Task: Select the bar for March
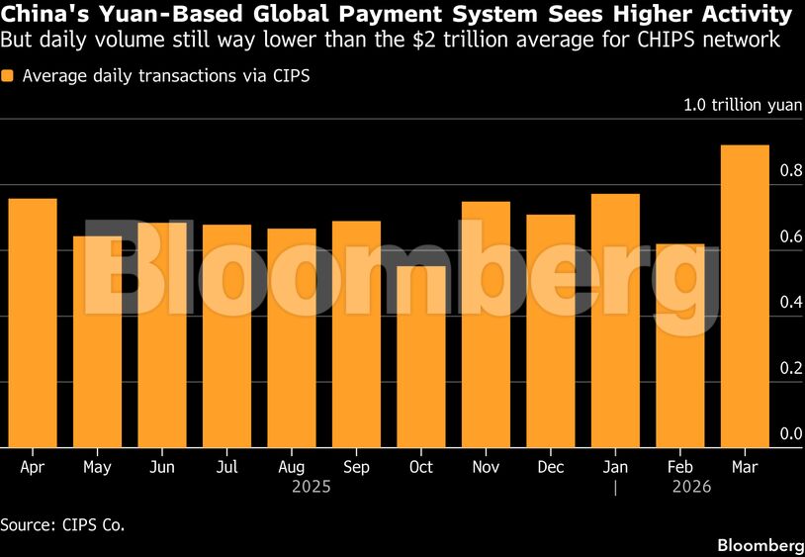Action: coord(745,297)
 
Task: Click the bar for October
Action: coord(421,356)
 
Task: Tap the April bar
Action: coord(33,323)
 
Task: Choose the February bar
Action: coord(679,345)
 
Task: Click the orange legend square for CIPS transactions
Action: coord(8,76)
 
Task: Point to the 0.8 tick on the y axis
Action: coord(790,171)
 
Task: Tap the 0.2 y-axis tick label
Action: coord(790,368)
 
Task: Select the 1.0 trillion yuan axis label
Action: coord(744,105)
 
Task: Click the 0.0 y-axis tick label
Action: coord(790,433)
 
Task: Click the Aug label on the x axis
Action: coord(292,467)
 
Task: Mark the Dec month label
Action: coord(550,467)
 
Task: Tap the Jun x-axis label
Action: coord(162,467)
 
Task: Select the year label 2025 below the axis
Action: coord(312,487)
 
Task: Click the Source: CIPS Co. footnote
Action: coord(62,523)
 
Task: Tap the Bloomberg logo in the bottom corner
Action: coord(759,545)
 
